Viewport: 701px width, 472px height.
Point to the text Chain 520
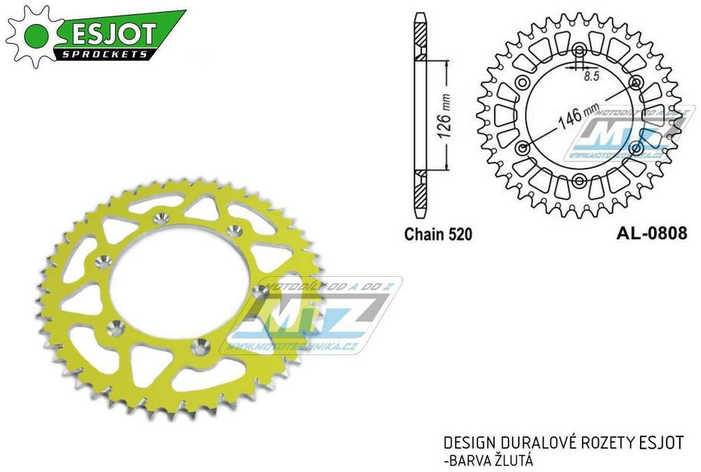click(x=438, y=234)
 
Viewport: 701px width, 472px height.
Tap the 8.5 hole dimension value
click(x=590, y=77)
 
